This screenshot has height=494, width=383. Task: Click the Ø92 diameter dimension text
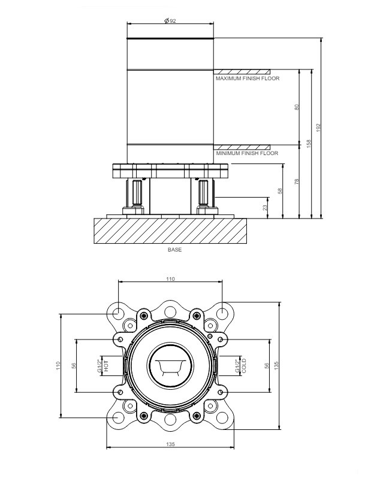coord(170,21)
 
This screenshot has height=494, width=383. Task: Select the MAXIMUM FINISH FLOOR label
coord(247,78)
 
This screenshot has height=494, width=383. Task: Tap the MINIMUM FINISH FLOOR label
coord(247,153)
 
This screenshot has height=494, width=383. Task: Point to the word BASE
coord(174,250)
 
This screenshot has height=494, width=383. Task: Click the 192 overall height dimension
coord(319,128)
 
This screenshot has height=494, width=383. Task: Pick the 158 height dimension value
coord(309,144)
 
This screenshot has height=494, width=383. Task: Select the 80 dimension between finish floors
coord(297,107)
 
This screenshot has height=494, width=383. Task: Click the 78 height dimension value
coord(297,181)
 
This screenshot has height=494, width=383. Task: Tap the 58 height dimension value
coord(280,191)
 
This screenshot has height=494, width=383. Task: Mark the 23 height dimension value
coord(266,207)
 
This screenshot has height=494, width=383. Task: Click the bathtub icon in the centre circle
coord(170,366)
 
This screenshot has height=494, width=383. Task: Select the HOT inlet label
coord(105,365)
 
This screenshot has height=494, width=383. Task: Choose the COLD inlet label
coord(244,366)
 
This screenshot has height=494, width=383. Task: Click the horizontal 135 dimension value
coord(170,444)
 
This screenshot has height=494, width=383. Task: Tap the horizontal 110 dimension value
coord(170,279)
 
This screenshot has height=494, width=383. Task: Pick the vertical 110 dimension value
coord(59,365)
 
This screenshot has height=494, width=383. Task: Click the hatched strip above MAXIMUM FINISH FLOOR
coord(242,71)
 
